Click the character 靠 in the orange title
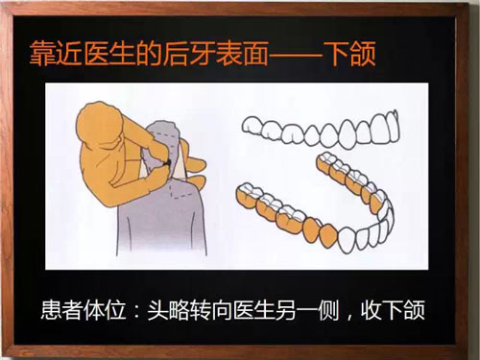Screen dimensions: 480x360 [42, 54]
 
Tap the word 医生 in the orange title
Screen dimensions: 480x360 [108, 54]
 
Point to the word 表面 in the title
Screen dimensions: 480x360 [242, 54]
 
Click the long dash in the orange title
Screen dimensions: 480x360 [295, 55]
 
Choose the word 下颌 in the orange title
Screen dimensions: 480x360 [348, 54]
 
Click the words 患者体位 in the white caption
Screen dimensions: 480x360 [84, 310]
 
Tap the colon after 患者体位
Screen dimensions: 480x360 [136, 311]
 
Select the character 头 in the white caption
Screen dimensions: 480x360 [157, 310]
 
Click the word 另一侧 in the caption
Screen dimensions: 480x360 [307, 310]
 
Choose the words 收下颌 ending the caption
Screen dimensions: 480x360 [393, 310]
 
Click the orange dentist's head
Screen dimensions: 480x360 [101, 123]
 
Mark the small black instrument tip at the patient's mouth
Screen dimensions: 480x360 [166, 163]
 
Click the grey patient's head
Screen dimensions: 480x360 [163, 146]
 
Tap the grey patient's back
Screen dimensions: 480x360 [161, 224]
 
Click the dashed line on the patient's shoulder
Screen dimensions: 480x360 [184, 192]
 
